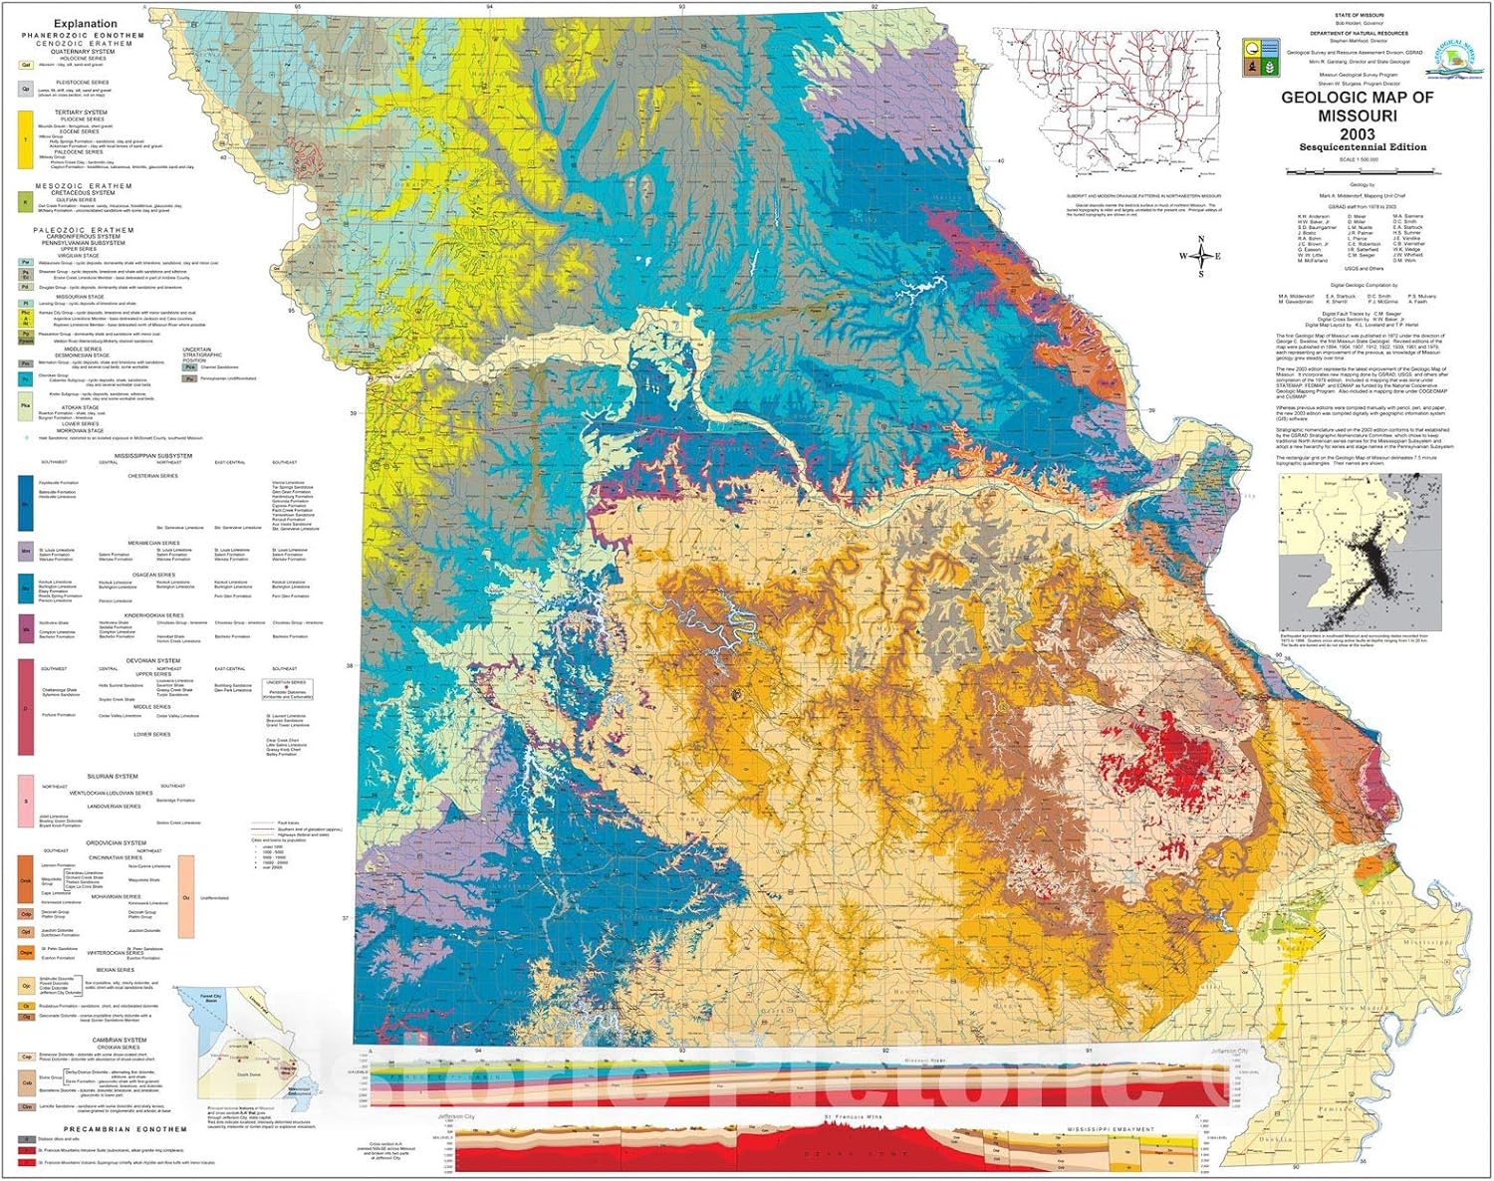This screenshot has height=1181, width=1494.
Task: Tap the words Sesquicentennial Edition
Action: [1362, 147]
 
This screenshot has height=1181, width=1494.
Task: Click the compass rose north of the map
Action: [1201, 256]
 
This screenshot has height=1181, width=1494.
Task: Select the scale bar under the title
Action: [1357, 169]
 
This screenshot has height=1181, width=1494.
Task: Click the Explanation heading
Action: [85, 23]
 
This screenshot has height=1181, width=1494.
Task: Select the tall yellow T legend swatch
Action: [26, 140]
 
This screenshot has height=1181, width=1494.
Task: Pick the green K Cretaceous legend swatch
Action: [26, 203]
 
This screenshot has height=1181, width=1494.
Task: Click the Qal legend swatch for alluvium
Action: [26, 65]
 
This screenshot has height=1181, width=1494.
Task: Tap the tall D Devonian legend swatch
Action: [26, 707]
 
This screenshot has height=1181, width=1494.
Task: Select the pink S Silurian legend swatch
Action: [26, 802]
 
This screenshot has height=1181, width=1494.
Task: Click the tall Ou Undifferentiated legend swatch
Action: [186, 896]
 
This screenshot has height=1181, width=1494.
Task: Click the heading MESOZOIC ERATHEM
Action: [84, 186]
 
